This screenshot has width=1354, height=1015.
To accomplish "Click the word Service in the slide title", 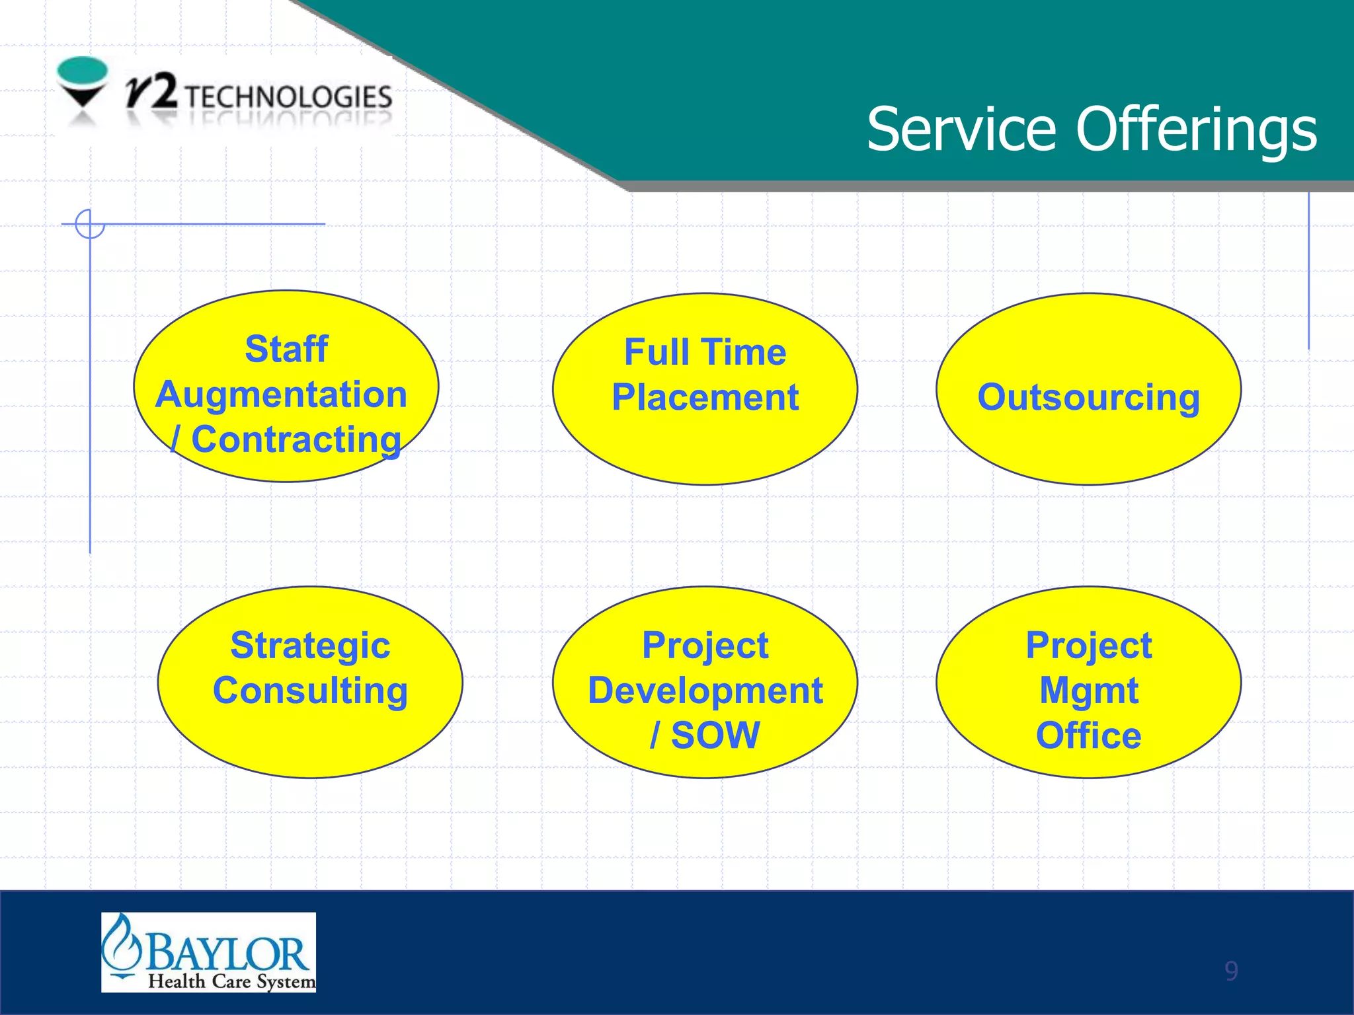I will (961, 129).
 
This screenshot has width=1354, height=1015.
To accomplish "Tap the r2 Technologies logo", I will (225, 94).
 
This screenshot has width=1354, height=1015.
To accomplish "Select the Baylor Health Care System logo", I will (208, 952).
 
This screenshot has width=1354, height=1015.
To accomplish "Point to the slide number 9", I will (1230, 971).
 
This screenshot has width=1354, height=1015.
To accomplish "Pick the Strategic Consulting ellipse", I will (310, 733).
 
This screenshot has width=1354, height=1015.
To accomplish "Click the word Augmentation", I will (281, 395).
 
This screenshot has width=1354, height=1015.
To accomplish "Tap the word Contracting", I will (296, 439).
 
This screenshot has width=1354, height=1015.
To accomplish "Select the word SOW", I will (715, 735).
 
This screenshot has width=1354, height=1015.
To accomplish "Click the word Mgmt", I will (1089, 691).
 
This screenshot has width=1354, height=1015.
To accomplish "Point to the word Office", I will (1088, 735).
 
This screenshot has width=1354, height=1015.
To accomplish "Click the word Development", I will (705, 691).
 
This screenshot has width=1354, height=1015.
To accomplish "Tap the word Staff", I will (286, 349).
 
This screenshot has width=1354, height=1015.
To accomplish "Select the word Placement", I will (705, 397).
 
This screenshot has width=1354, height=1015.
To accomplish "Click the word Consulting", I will (310, 691).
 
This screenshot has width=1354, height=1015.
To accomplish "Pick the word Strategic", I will (310, 645).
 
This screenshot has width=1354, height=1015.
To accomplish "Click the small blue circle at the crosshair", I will (90, 224).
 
